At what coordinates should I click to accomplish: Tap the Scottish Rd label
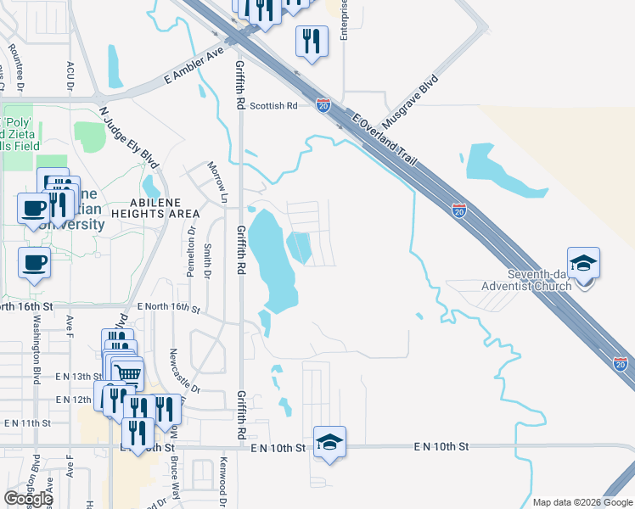[x=279, y=106]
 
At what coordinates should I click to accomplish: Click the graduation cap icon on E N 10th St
[x=329, y=441]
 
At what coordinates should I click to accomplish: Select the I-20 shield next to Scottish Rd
[x=323, y=105]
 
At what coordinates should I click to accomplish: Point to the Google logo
[x=27, y=499]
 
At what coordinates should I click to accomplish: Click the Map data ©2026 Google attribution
[x=582, y=502]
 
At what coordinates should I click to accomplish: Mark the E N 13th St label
[x=73, y=376]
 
